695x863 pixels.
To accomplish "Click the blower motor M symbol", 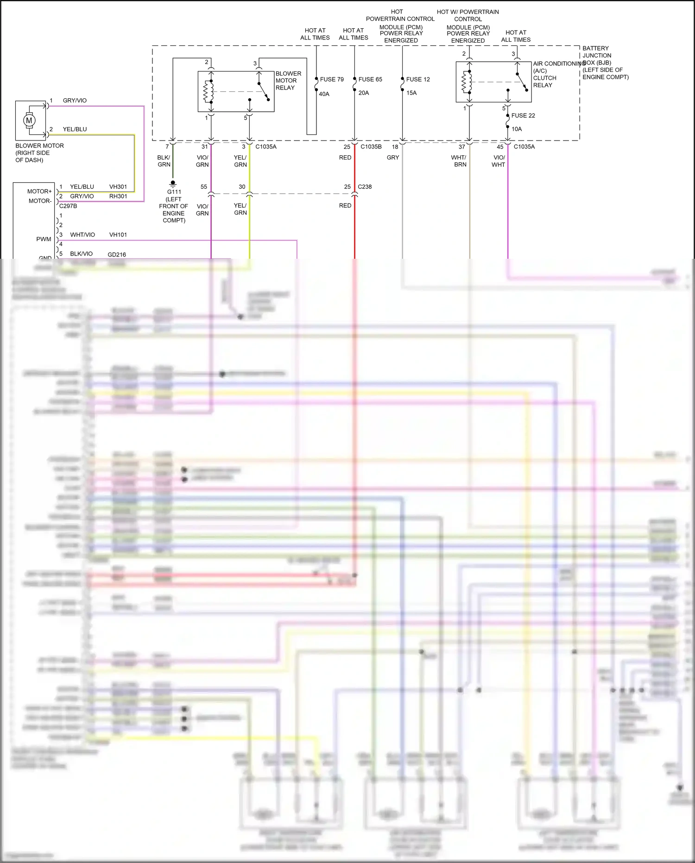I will (29, 121).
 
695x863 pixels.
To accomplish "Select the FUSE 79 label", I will (332, 79).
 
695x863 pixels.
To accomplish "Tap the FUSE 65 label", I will (370, 79).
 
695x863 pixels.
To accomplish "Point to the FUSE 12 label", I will (418, 79).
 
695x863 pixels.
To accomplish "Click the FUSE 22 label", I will (523, 115).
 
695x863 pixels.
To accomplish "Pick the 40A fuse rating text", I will (324, 94).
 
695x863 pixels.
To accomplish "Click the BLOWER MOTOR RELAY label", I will (288, 81).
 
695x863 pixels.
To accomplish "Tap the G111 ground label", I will (174, 192).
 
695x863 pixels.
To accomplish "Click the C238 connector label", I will (365, 187).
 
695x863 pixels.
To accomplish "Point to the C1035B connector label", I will (371, 147).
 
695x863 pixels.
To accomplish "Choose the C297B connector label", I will (68, 206).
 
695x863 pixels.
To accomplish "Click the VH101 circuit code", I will (118, 235).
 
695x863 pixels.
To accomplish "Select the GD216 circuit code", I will (117, 255).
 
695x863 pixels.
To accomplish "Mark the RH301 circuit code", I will (118, 196).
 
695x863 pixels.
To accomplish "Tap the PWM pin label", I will (44, 239).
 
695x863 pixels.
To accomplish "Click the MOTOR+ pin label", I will (39, 192).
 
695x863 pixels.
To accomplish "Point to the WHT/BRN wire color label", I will (459, 161).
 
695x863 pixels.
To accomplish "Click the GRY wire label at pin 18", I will (393, 158).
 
